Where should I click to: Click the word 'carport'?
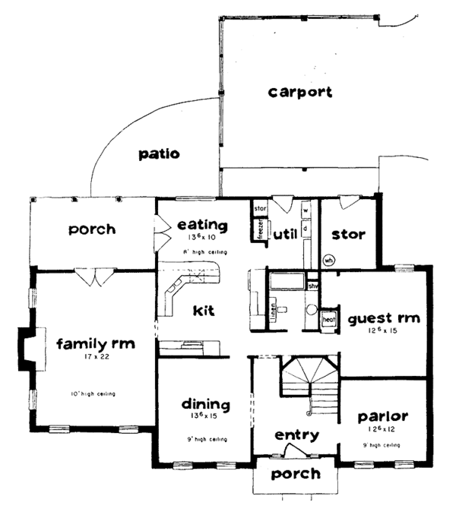coord(299,92)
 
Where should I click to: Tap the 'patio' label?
coord(159,154)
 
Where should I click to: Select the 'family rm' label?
coord(96,344)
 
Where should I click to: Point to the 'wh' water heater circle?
coord(329,259)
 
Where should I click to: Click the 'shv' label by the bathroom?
coord(312,286)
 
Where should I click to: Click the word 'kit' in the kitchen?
coord(204,311)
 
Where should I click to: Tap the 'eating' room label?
coord(202,225)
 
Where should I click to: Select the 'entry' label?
coord(296,435)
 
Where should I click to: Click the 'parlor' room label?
coord(383,416)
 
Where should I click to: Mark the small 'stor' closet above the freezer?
coord(258,207)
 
